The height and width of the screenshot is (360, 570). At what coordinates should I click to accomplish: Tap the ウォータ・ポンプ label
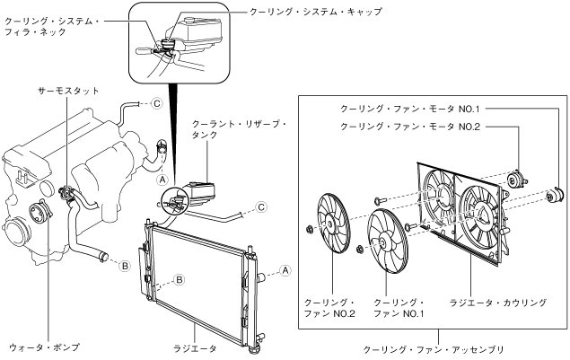pyautogui.click(x=44, y=345)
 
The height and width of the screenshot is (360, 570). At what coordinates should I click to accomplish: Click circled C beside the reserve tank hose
pyautogui.click(x=261, y=207)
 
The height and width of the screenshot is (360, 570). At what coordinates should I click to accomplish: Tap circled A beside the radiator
pyautogui.click(x=285, y=269)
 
